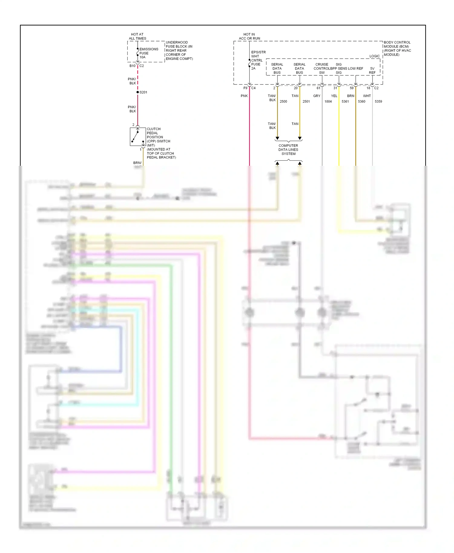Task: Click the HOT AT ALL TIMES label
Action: coord(137,36)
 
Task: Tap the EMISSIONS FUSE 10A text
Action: coord(148,53)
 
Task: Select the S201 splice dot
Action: coord(138,92)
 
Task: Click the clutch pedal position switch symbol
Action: coord(138,137)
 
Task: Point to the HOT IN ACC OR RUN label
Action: coord(249,36)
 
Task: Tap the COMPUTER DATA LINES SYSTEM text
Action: coord(288,149)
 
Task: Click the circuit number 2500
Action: coord(283,101)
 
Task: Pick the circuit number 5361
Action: coord(345,101)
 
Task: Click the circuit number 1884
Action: coord(328,101)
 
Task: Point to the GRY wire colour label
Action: coord(317,96)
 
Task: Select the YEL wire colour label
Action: coord(334,96)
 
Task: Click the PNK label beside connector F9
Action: coord(244,96)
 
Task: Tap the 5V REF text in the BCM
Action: coord(372,70)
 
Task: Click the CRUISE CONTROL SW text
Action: coord(321,68)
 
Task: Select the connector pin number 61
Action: coord(318,88)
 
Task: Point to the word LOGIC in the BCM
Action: coord(374,56)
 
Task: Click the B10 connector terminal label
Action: coord(133,66)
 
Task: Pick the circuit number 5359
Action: coord(378,101)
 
